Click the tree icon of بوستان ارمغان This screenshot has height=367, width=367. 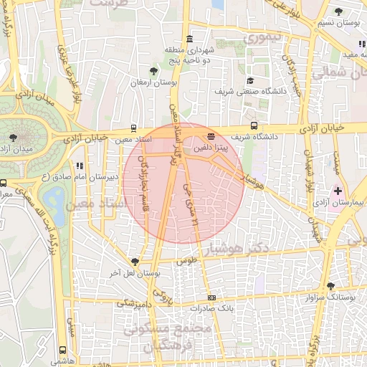[154, 70]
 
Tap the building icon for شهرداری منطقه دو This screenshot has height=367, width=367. [189, 39]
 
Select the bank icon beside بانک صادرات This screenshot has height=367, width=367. [211, 297]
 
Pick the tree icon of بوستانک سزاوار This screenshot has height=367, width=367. [331, 285]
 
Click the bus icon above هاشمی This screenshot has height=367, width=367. [63, 351]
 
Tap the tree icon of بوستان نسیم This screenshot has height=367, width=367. [339, 11]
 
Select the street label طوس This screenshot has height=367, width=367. [187, 262]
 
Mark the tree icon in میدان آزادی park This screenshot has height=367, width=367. [12, 136]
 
